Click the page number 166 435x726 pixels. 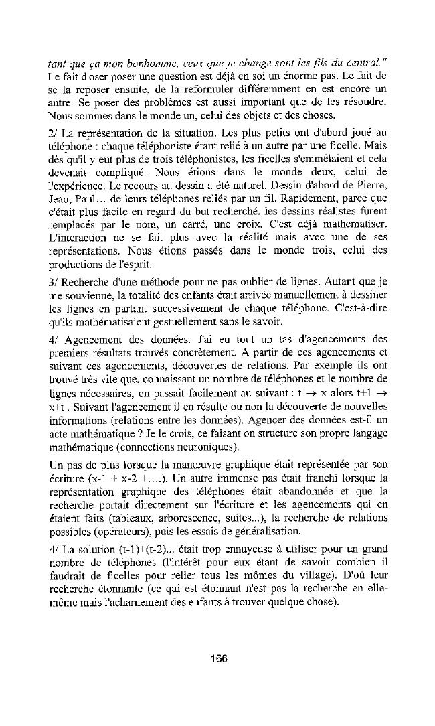point(217,658)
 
